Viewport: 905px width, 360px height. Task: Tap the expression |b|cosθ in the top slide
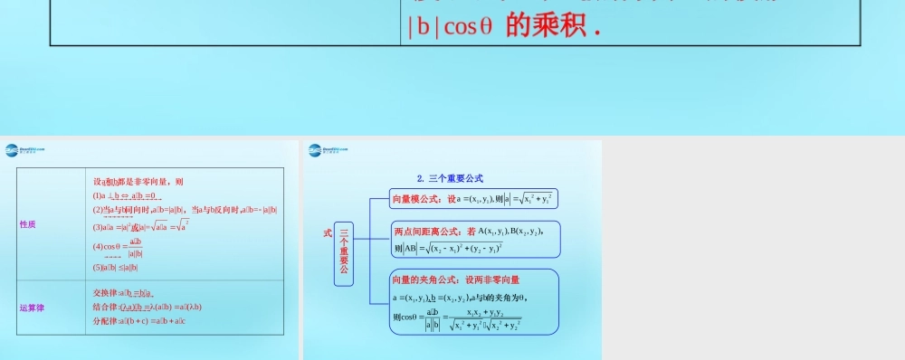[450, 27]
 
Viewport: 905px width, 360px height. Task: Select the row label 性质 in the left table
[28, 223]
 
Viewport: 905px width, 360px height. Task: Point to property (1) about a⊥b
[127, 195]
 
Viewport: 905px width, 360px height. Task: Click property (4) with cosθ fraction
[118, 247]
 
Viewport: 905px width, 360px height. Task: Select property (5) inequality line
[115, 268]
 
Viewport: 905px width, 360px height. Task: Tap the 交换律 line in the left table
[122, 293]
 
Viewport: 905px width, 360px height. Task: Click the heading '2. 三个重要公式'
[450, 178]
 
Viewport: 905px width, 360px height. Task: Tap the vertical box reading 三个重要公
[344, 252]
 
